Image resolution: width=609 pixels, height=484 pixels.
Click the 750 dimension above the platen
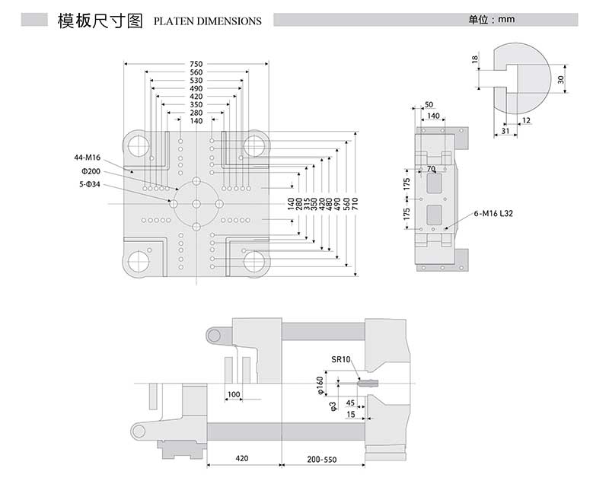click(x=196, y=64)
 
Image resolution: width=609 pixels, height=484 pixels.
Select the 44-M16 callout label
click(x=87, y=157)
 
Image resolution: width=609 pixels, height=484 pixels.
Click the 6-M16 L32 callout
click(x=493, y=215)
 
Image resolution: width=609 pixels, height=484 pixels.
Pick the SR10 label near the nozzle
click(x=340, y=358)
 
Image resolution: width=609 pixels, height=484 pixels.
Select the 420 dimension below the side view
click(x=243, y=460)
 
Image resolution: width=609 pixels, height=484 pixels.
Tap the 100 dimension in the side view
click(x=234, y=394)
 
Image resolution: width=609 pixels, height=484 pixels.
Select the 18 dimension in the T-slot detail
click(x=474, y=59)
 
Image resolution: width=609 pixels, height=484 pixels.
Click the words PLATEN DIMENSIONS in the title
click(x=207, y=21)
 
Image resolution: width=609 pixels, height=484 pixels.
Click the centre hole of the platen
click(x=196, y=204)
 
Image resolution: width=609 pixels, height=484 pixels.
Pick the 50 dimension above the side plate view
click(x=429, y=104)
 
